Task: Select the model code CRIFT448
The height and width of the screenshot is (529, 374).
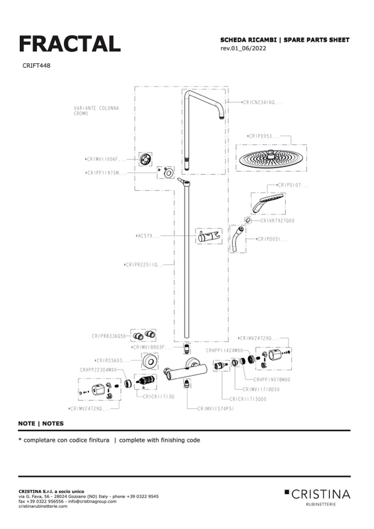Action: [x=37, y=66]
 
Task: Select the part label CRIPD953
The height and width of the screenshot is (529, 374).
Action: [x=263, y=136]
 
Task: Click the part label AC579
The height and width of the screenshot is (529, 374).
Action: [x=148, y=236]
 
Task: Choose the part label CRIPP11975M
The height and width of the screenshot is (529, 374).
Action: [x=106, y=173]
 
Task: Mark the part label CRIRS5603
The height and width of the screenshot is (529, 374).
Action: [x=113, y=360]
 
